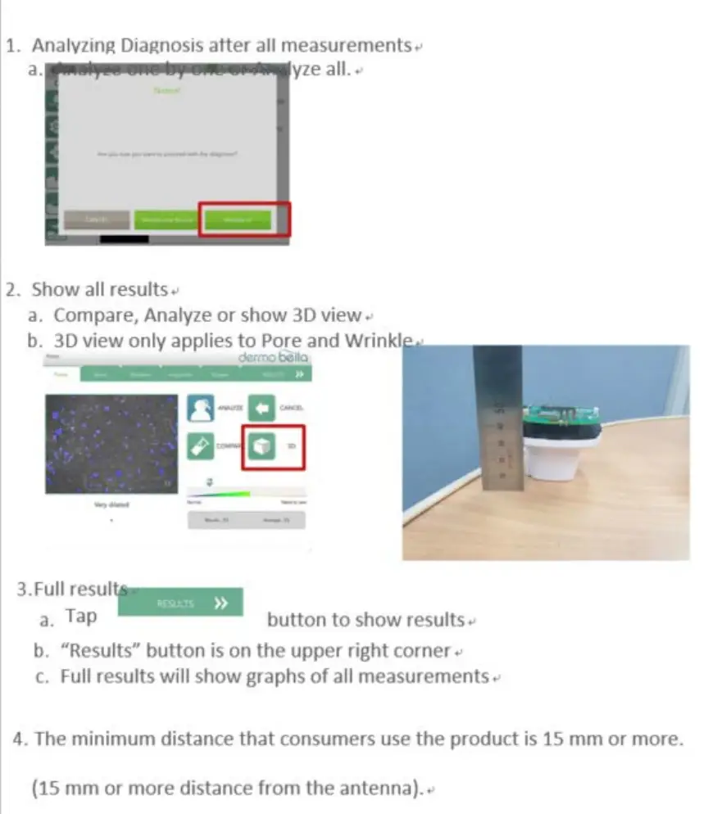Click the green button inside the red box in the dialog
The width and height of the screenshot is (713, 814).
tap(237, 219)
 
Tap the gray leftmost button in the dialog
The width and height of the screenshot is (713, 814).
tap(97, 219)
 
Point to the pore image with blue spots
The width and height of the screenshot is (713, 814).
tap(111, 444)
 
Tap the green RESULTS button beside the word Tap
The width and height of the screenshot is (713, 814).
tap(180, 603)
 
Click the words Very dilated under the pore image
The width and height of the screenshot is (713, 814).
tap(111, 505)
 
